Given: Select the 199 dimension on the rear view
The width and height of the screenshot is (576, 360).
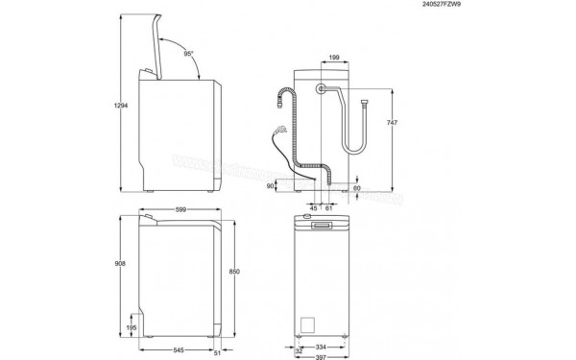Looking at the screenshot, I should click(x=332, y=60).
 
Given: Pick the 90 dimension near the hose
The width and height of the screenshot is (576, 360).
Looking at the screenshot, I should click(x=271, y=186).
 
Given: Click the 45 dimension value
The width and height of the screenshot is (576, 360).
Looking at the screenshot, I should click(x=314, y=206).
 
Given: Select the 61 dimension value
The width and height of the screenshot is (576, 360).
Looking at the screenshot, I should click(x=329, y=206).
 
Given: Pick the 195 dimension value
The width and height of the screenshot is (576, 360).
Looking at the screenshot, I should click(x=131, y=327).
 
